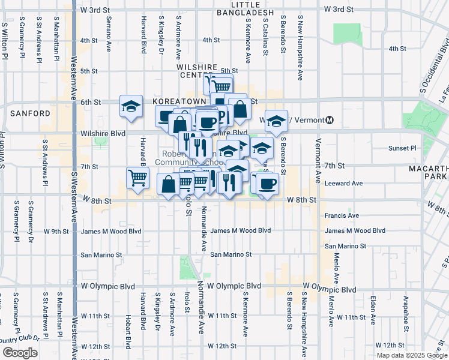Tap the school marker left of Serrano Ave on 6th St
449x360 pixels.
click(x=131, y=106)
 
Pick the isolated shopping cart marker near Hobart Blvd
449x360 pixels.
click(x=137, y=178)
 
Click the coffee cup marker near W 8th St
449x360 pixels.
click(x=268, y=182)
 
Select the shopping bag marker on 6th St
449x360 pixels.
click(x=240, y=109)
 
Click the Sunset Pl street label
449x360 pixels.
click(x=402, y=148)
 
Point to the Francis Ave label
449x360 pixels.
click(x=342, y=215)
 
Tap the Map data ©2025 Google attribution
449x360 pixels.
click(x=411, y=355)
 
